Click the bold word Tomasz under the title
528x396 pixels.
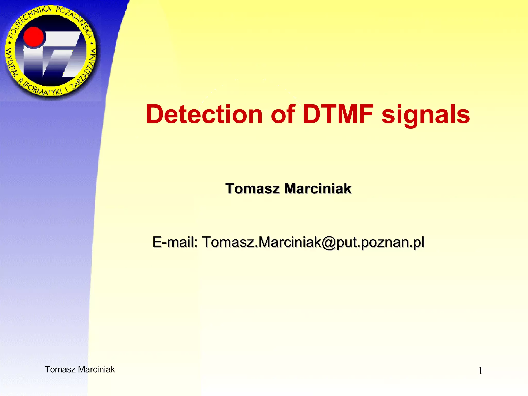pyautogui.click(x=252, y=188)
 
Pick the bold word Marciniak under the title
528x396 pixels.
pyautogui.click(x=318, y=188)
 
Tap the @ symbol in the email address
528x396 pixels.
pyautogui.click(x=328, y=243)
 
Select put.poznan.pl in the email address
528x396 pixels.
pyautogui.click(x=380, y=243)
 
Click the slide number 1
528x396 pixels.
pyautogui.click(x=480, y=371)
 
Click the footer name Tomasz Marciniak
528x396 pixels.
pyautogui.click(x=80, y=369)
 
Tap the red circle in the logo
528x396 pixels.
pyautogui.click(x=34, y=37)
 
